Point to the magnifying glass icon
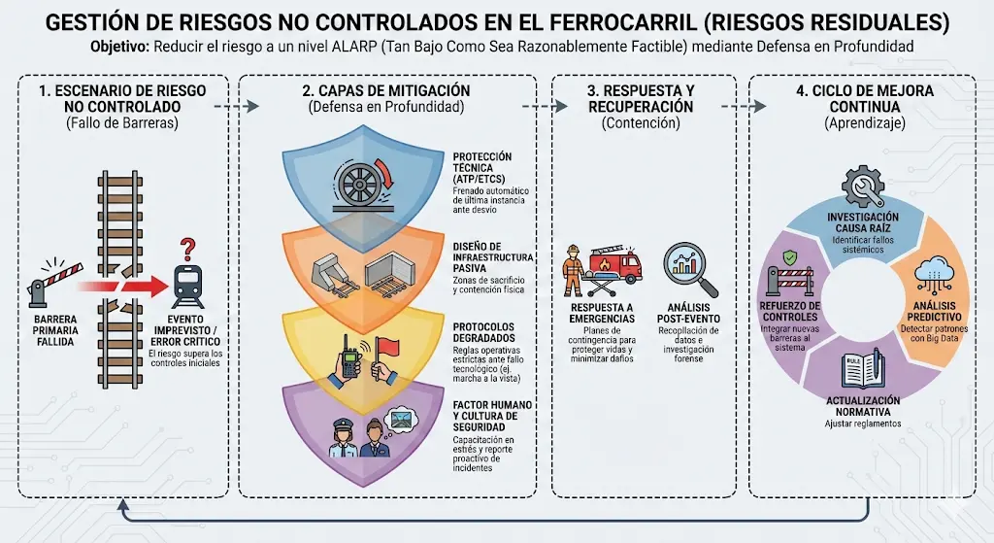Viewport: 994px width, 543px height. pos(692,267)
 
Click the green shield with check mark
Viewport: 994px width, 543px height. pos(789,258)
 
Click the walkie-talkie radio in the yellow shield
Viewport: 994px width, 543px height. pos(348,356)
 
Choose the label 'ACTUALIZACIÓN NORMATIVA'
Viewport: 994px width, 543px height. pos(863,406)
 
